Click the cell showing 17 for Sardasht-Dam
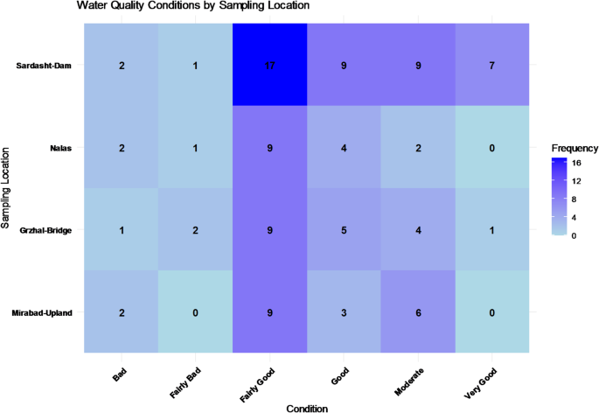pyautogui.click(x=270, y=66)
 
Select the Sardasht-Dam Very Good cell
pyautogui.click(x=492, y=66)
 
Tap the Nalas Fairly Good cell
pyautogui.click(x=270, y=148)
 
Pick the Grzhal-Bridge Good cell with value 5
pyautogui.click(x=345, y=230)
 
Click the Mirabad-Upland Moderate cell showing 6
pyautogui.click(x=418, y=312)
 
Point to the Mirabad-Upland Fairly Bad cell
pyautogui.click(x=196, y=312)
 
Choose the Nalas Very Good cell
pyautogui.click(x=492, y=148)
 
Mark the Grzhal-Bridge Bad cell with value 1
pyautogui.click(x=122, y=230)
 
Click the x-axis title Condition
pyautogui.click(x=307, y=406)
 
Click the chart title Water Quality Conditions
pyautogui.click(x=192, y=7)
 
